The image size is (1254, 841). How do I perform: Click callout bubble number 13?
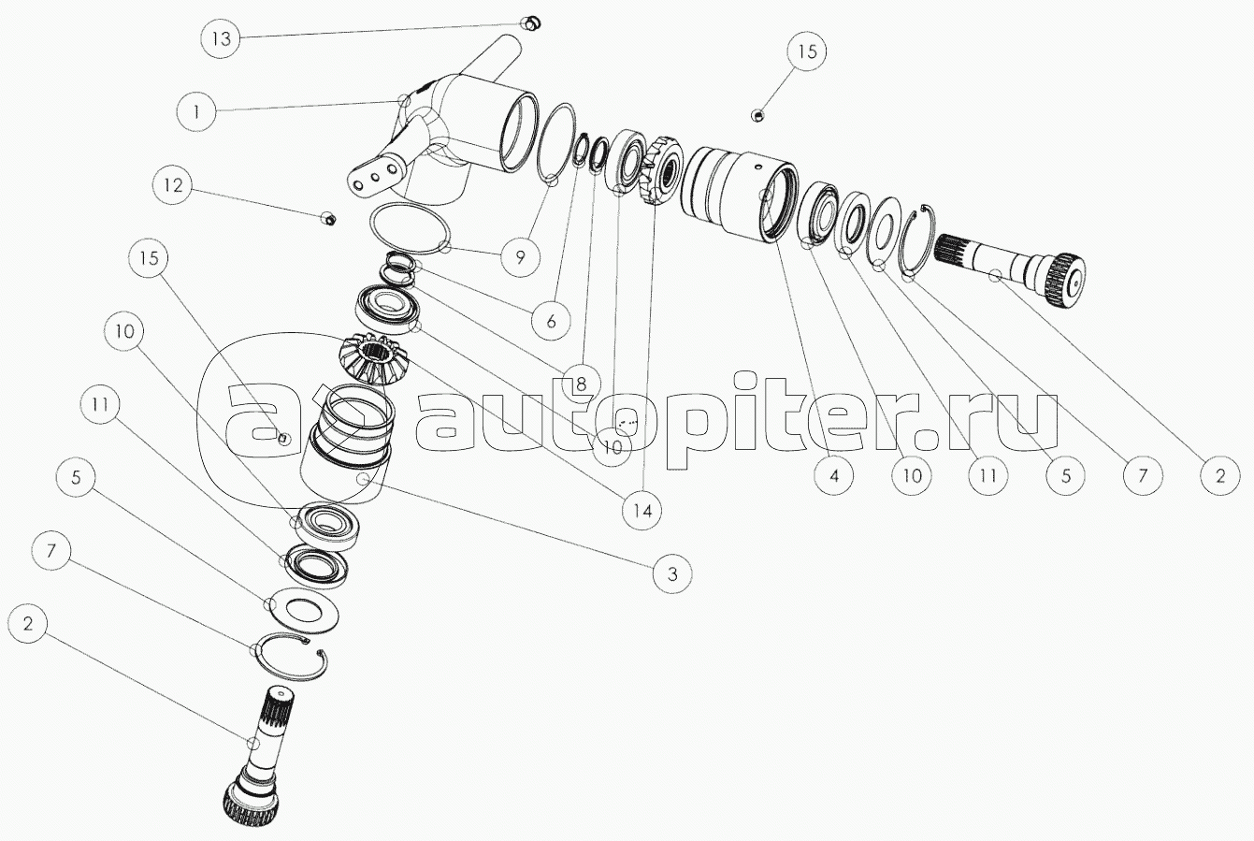coord(221,38)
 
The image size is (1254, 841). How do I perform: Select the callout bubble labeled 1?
coord(196,112)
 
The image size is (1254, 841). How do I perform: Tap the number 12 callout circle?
coord(172,185)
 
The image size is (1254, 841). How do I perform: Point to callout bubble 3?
coord(671,573)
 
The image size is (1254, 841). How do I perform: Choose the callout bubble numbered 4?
coord(833,476)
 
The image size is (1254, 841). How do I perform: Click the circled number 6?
coord(551,321)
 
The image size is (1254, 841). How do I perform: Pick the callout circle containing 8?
coord(580,384)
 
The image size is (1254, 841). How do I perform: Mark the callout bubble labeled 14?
coord(642,510)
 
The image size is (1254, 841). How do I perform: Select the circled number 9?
coord(520,257)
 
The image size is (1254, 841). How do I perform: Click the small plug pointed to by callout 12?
coord(328,218)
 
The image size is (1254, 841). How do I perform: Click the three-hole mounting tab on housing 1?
coord(376,177)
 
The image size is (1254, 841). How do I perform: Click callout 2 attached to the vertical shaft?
coord(28,623)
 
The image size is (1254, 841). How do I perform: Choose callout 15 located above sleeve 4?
coord(806,51)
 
